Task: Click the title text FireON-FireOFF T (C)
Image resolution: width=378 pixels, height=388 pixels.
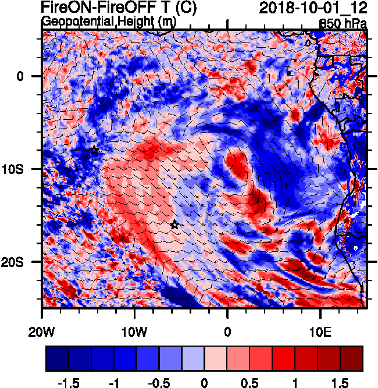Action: coord(119,8)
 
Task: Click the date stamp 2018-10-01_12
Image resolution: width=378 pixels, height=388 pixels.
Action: coord(313,8)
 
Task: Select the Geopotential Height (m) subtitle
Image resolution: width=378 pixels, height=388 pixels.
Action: coord(109,22)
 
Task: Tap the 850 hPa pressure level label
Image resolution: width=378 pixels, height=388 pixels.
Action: coord(343,24)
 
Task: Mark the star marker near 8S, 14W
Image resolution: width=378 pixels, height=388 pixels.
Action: coord(94,151)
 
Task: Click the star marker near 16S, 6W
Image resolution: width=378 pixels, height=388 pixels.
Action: coord(174,225)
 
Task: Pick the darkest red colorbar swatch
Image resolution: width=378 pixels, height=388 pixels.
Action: coord(352,358)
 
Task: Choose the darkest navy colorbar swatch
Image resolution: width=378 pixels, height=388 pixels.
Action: coord(57,358)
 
